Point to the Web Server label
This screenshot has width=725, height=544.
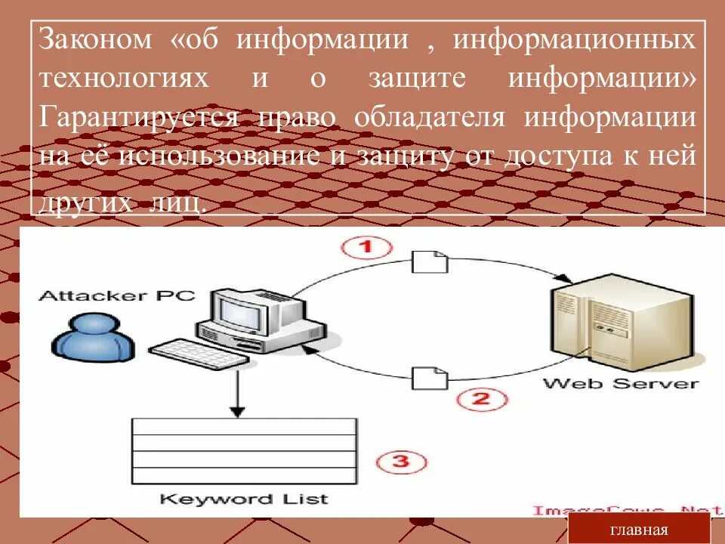coord(621,382)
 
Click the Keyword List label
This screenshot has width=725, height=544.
coord(244,499)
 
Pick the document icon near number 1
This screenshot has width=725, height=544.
coord(430,261)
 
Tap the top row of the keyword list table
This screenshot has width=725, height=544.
coord(244,426)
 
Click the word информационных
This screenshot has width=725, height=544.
coord(573,40)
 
